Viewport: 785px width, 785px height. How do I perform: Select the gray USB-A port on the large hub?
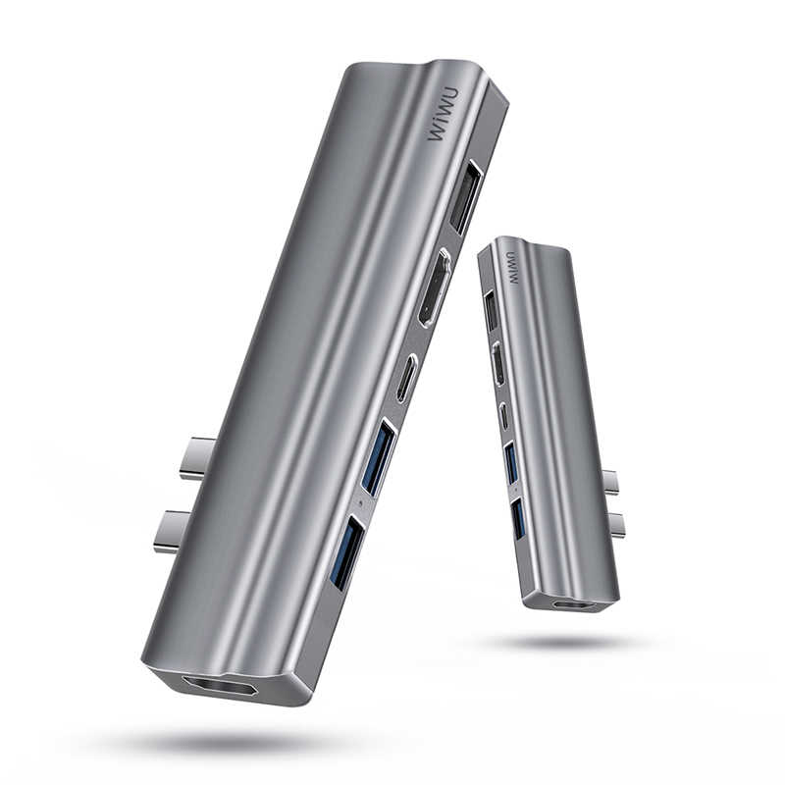tap(466, 196)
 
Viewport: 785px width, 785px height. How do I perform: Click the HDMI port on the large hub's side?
tap(435, 287)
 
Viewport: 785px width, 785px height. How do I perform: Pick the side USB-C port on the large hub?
tap(407, 377)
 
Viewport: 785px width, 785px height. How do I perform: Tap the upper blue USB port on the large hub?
tap(379, 456)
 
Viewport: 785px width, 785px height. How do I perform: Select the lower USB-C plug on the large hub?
tap(175, 530)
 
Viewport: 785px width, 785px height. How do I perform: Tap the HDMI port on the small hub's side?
tap(498, 364)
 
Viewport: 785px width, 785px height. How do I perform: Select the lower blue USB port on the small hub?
tap(517, 517)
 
